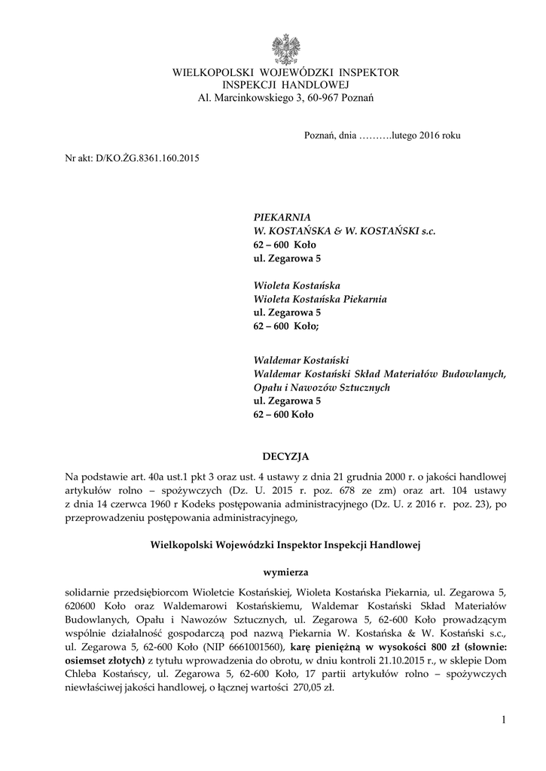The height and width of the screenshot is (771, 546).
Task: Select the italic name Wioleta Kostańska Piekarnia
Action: (320, 299)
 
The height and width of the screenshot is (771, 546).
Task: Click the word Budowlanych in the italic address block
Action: (473, 373)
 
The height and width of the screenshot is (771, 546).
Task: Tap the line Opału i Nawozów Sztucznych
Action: (322, 387)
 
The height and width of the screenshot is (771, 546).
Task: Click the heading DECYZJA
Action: (285, 456)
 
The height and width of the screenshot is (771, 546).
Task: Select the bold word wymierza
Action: (285, 572)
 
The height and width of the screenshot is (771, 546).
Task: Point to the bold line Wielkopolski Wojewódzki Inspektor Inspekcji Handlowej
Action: (285, 544)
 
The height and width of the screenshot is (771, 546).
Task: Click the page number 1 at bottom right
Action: (503, 723)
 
